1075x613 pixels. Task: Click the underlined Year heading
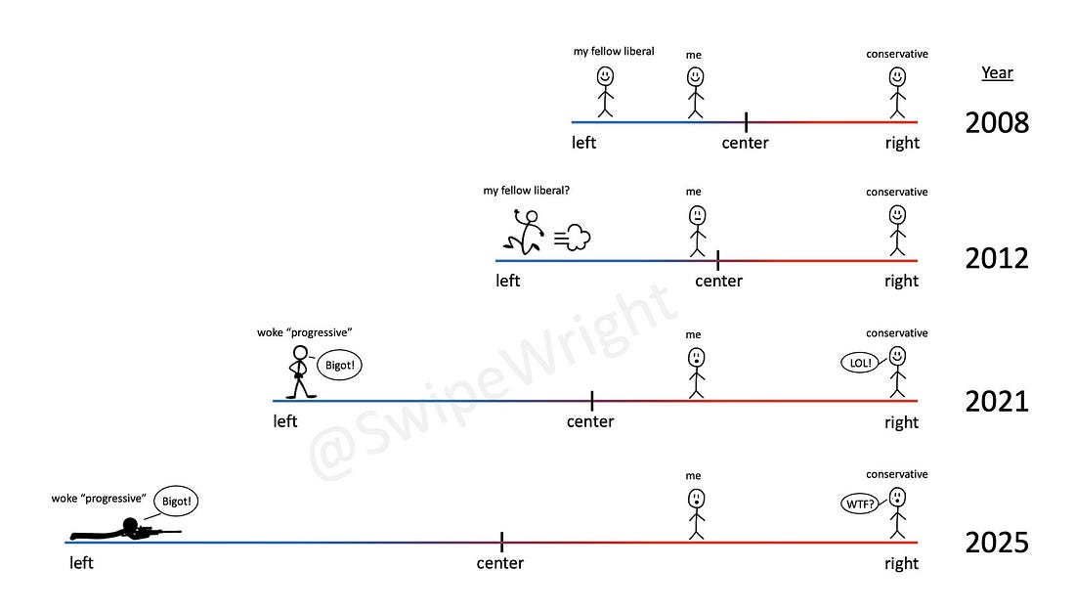point(997,73)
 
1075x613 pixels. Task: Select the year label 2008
point(997,123)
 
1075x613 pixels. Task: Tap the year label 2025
point(997,543)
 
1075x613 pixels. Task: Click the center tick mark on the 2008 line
point(746,122)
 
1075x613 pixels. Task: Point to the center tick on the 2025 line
point(501,542)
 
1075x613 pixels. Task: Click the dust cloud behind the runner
point(574,238)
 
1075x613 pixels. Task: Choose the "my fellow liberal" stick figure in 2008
point(605,91)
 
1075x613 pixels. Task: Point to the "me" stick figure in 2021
point(696,372)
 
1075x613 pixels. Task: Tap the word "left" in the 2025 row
point(81,563)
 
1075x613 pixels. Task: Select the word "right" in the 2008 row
point(902,143)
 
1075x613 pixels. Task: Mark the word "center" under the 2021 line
point(590,422)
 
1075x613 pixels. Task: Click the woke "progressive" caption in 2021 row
point(304,332)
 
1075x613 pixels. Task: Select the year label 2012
point(997,259)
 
